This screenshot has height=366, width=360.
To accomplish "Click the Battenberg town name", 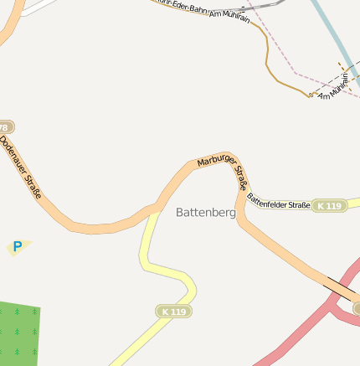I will (206, 213).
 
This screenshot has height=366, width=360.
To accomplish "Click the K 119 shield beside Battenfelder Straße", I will (329, 205).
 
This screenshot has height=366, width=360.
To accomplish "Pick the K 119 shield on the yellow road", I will (174, 311).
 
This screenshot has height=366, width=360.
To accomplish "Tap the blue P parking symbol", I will (17, 247).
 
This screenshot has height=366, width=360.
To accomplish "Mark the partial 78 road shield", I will (5, 126).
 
